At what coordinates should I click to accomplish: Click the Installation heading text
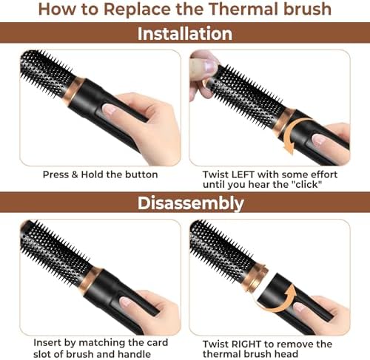point(185,33)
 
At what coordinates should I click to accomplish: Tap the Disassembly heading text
point(190,203)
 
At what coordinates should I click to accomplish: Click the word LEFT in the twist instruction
point(243,174)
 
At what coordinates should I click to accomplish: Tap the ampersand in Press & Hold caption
point(75,174)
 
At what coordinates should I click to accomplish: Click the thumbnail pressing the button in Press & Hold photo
point(109,109)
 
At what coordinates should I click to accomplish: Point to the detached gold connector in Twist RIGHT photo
point(258,277)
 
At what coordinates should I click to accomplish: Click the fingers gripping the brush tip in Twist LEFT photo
point(202,75)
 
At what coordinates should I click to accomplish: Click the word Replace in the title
point(137,9)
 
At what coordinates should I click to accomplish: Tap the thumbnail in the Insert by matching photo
point(127,301)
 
